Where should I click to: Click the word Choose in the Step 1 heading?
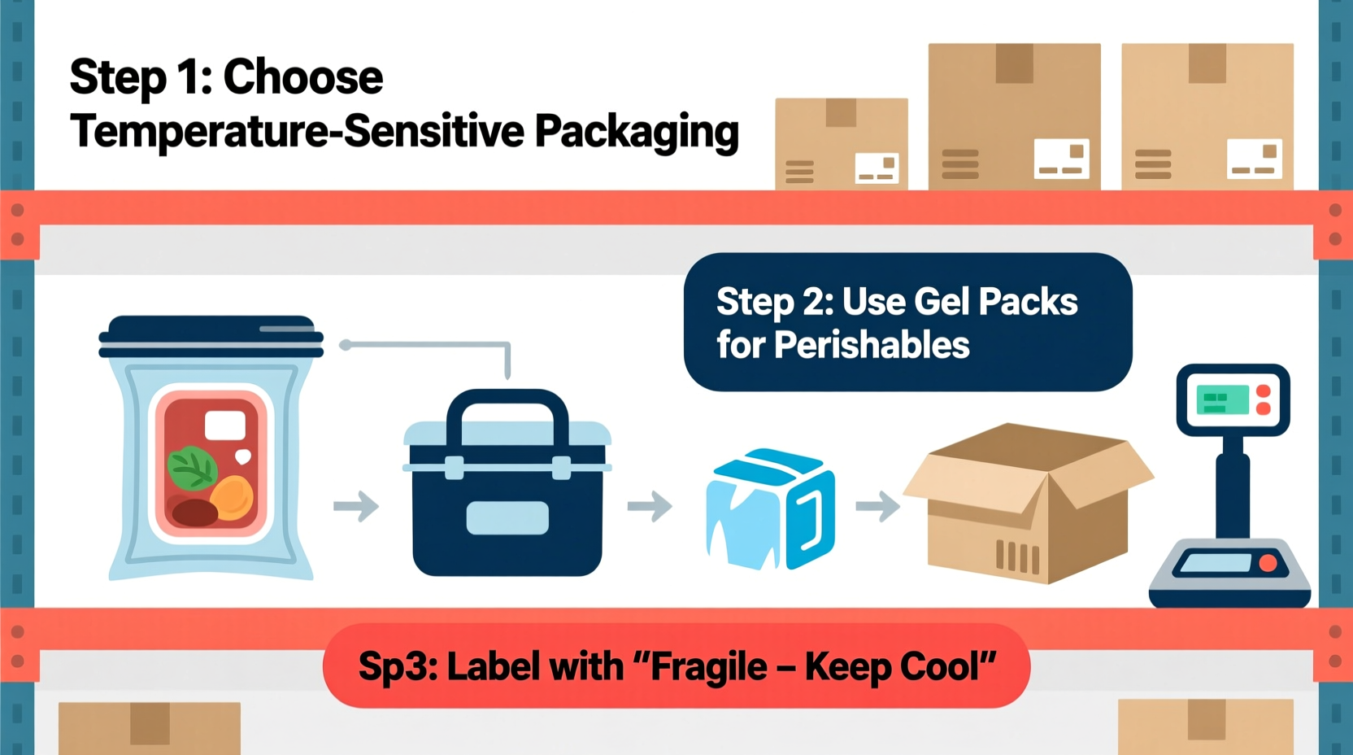(302, 77)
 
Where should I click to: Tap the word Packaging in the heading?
(637, 132)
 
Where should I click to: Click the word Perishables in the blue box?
(872, 345)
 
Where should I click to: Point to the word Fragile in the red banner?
(708, 667)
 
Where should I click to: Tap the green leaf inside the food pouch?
(191, 469)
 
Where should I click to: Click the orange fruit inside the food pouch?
(233, 498)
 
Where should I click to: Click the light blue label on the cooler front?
(507, 518)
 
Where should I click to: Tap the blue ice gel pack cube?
(770, 509)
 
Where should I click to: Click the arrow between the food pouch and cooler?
(356, 506)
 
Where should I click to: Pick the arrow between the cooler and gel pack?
(650, 506)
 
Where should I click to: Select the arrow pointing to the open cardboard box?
(878, 506)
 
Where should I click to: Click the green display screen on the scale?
(1222, 399)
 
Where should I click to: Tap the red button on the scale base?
(1267, 563)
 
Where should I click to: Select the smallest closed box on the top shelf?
(841, 144)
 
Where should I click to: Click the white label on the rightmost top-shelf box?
(1254, 159)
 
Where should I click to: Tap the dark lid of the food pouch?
(211, 336)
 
